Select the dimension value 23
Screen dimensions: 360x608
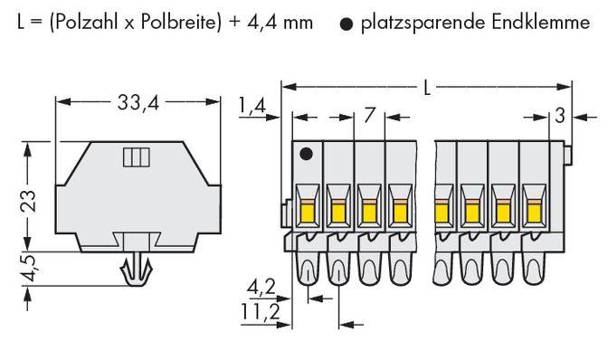(28, 198)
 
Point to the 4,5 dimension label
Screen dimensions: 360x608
(28, 270)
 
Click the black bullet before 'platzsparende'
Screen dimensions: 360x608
(347, 22)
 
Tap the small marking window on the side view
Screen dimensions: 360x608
(134, 158)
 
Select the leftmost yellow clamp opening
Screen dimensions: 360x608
(306, 212)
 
